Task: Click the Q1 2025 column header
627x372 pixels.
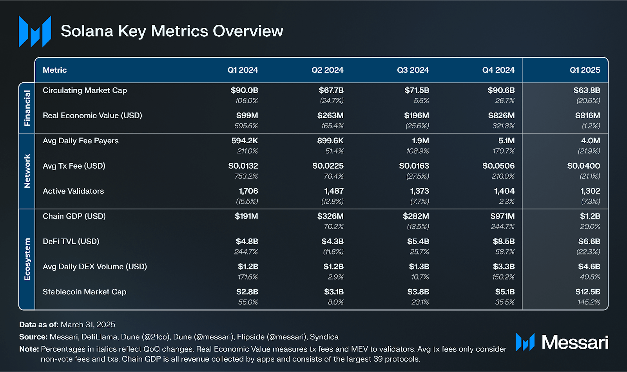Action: point(585,70)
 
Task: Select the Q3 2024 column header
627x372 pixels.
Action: point(413,70)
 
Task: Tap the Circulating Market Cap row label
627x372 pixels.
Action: point(85,90)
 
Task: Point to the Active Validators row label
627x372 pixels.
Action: point(73,191)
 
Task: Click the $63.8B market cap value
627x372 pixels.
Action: point(587,90)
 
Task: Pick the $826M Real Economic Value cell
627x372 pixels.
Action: point(501,116)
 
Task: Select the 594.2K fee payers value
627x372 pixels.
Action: point(245,141)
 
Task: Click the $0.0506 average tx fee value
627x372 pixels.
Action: point(498,166)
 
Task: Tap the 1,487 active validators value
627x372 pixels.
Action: point(333,191)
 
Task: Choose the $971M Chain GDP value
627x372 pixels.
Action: point(502,216)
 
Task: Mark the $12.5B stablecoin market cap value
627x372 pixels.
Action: point(587,292)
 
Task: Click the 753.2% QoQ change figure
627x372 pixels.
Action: point(246,176)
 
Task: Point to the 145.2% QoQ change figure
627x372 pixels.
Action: point(589,302)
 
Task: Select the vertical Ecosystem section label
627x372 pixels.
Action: point(27,259)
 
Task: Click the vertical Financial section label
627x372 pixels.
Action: point(27,108)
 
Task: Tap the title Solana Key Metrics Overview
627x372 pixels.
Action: point(172,31)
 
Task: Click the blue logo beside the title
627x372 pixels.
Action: point(35,32)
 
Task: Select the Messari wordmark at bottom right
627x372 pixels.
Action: point(574,343)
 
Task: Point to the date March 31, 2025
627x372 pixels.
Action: point(88,325)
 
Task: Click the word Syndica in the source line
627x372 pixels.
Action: point(324,337)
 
